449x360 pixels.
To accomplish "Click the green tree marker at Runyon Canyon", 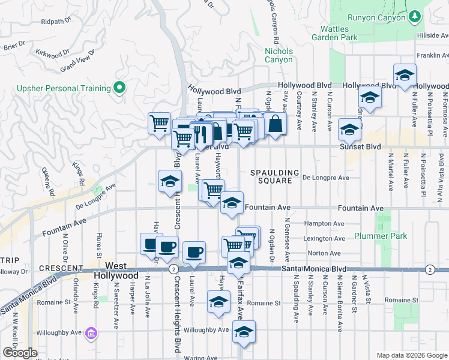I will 414,17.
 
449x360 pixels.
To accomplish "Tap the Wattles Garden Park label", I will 334,33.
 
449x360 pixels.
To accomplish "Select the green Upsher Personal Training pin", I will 119,88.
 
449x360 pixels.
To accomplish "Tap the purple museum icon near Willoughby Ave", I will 91,332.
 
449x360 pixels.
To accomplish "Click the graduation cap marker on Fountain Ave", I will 232,204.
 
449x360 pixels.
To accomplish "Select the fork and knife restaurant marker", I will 201,133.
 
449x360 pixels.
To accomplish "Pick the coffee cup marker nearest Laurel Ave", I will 193,253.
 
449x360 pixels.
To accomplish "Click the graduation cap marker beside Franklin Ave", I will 405,76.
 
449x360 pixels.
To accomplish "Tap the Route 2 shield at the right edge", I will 429,270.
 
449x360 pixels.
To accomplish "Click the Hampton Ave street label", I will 324,223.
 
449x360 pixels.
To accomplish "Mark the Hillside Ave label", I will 432,36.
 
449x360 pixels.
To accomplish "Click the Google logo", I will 20,353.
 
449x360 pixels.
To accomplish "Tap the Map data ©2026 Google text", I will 411,355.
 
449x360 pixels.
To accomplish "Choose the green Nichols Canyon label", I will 279,55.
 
